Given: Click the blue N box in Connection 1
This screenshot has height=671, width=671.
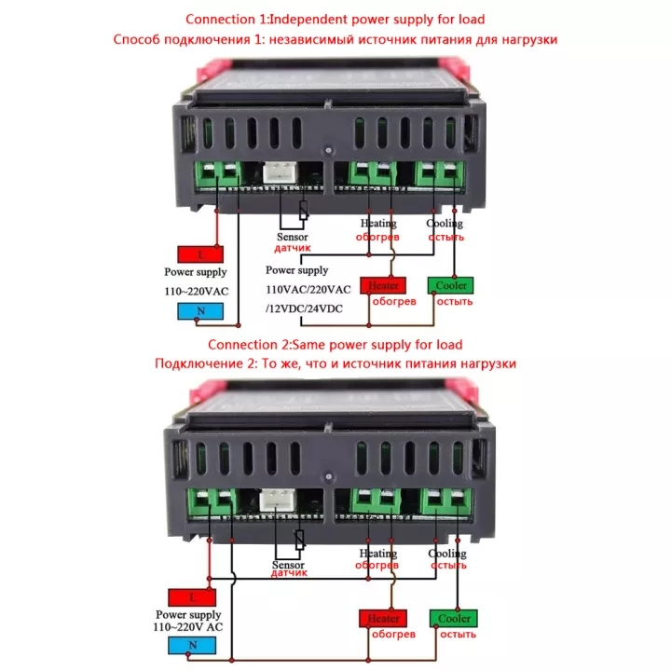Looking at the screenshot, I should (199, 311).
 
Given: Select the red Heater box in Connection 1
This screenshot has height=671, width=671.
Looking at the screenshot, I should (383, 285).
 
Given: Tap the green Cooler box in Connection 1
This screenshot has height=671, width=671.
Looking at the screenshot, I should (450, 285).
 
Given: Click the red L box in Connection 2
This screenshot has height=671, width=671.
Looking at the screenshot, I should (191, 596).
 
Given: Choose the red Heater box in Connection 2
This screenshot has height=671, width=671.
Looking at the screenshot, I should (383, 618).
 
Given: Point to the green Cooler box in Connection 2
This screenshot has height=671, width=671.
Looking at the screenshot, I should (453, 618).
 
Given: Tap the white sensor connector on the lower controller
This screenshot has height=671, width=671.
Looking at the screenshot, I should (277, 500).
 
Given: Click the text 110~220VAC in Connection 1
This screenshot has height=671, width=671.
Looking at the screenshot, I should (197, 291).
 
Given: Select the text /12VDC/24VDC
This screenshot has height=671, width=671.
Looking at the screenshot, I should (304, 307).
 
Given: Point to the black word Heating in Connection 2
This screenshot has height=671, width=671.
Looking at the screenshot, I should (377, 554).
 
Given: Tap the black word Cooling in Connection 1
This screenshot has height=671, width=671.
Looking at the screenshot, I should (445, 224).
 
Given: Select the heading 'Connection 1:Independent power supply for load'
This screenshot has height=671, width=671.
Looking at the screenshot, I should (335, 19).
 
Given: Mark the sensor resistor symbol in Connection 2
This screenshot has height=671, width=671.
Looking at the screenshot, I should (299, 540).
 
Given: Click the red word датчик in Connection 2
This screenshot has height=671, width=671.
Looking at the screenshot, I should (289, 573).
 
